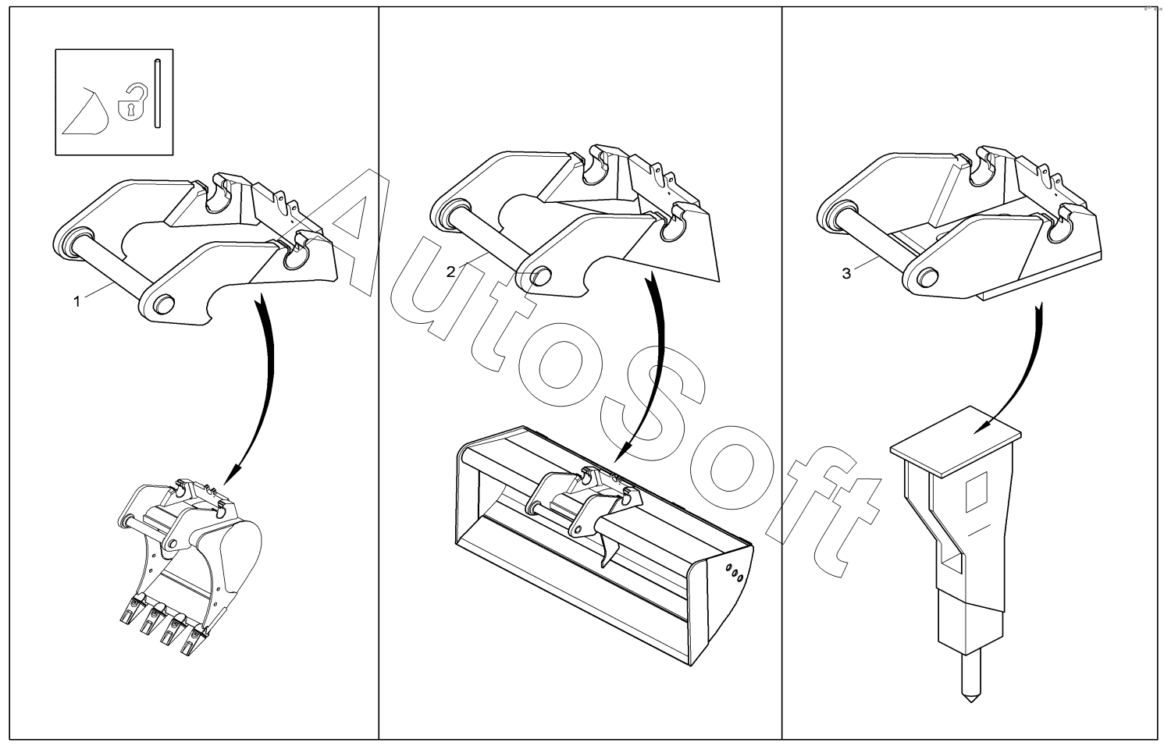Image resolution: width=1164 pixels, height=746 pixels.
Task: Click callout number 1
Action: tap(77, 301)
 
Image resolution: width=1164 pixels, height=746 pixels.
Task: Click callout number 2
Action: tap(450, 272)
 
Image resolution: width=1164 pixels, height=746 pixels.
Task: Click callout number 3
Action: tap(846, 274)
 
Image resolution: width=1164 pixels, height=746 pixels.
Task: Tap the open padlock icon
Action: tap(133, 101)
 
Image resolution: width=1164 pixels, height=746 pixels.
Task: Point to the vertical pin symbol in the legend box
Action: tap(157, 94)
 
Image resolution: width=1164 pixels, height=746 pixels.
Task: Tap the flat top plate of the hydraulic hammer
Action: tap(956, 442)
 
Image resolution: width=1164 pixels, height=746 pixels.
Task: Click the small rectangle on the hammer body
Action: tap(975, 492)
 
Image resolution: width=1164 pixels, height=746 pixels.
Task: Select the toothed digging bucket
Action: tap(190, 567)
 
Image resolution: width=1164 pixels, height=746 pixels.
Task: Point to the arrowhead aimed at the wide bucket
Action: tap(622, 451)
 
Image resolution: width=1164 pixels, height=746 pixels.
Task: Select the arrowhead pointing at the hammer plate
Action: tap(982, 426)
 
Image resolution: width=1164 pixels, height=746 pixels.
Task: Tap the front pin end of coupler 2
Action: tap(541, 276)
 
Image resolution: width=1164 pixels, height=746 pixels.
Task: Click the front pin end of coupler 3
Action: tap(928, 277)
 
